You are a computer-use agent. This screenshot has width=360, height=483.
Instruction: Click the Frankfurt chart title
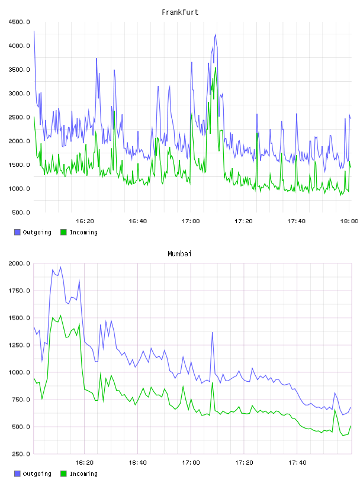click(180, 12)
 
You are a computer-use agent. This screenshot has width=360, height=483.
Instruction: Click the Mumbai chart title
click(179, 253)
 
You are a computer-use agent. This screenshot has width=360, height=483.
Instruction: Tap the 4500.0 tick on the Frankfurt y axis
click(20, 22)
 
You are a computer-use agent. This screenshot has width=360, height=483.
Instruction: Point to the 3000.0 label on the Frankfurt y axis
click(20, 94)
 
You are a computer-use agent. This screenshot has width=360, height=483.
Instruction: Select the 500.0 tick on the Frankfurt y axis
click(21, 212)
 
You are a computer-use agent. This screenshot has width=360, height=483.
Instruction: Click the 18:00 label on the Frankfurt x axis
click(349, 221)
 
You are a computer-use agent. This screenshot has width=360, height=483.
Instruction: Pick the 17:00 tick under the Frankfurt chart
click(191, 221)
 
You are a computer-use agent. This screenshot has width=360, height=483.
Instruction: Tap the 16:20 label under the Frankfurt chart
click(85, 221)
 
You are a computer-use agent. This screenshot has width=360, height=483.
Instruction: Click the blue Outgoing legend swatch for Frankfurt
click(17, 232)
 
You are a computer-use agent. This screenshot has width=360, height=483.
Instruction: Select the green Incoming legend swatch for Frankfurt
click(63, 232)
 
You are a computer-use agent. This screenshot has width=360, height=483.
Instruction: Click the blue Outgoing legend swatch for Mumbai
click(17, 474)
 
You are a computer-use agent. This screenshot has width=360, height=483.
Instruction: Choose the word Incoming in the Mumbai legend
click(83, 474)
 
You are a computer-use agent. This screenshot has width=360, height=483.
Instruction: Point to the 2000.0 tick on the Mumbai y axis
click(20, 263)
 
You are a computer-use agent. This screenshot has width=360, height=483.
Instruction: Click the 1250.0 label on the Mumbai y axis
click(20, 345)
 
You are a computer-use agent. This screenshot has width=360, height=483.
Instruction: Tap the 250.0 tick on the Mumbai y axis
click(21, 454)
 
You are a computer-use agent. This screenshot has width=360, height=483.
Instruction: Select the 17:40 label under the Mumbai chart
click(297, 462)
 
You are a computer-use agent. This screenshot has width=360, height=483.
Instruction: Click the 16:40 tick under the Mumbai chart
click(137, 462)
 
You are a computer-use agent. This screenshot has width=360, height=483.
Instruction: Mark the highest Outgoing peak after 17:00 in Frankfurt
click(216, 34)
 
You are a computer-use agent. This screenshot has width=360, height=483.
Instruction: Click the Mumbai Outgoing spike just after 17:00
click(213, 333)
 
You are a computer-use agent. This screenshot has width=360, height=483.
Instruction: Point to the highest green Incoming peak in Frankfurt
click(216, 67)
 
